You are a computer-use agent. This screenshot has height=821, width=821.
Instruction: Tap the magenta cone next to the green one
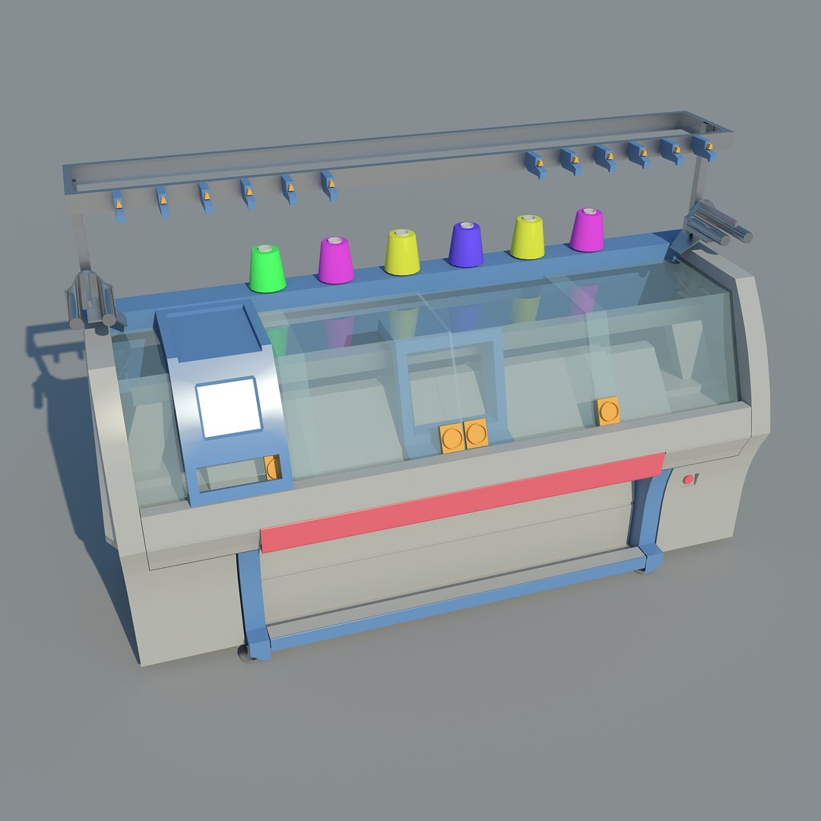pyautogui.click(x=334, y=260)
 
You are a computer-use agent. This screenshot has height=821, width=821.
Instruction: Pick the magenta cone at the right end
pyautogui.click(x=587, y=230)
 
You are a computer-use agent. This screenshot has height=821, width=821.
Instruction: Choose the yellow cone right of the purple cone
pyautogui.click(x=527, y=237)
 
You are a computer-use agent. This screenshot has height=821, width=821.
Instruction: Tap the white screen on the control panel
pyautogui.click(x=229, y=407)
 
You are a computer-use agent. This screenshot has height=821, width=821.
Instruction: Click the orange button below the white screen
pyautogui.click(x=272, y=468)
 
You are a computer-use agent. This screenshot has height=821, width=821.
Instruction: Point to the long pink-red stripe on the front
pyautogui.click(x=462, y=502)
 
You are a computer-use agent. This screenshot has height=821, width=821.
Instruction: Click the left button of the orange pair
pyautogui.click(x=452, y=439)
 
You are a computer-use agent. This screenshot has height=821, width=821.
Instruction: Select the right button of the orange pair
pyautogui.click(x=476, y=434)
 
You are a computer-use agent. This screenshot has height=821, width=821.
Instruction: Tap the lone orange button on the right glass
pyautogui.click(x=607, y=411)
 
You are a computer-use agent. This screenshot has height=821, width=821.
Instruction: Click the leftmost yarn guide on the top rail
pyautogui.click(x=119, y=205)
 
